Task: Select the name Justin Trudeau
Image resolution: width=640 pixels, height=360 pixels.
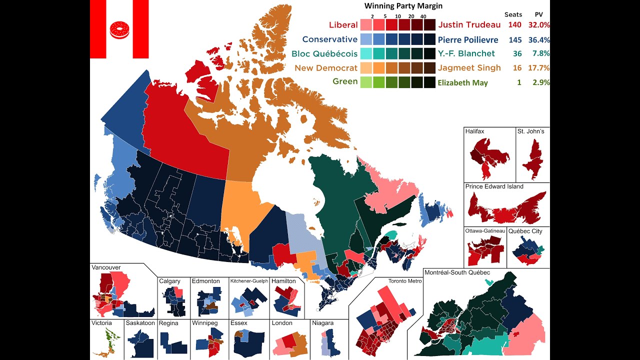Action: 469,24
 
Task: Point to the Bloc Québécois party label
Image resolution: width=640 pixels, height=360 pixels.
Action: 324,53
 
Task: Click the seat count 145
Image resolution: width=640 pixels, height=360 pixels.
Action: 513,39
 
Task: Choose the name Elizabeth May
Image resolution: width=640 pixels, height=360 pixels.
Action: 462,83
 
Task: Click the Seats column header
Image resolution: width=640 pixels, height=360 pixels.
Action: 513,14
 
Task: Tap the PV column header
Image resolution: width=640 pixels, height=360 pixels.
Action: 539,14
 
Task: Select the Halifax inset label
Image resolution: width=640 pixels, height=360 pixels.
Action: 474,131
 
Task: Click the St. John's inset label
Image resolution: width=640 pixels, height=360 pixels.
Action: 531,131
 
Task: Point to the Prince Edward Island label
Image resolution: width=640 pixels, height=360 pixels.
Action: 494,186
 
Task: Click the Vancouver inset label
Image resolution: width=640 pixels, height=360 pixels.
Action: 106,267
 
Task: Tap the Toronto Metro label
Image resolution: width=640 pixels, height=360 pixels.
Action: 405,281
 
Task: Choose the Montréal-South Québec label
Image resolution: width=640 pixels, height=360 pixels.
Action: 457,272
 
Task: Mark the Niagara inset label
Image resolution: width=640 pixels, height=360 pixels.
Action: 322,323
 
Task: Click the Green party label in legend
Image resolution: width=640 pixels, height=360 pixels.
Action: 345,81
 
